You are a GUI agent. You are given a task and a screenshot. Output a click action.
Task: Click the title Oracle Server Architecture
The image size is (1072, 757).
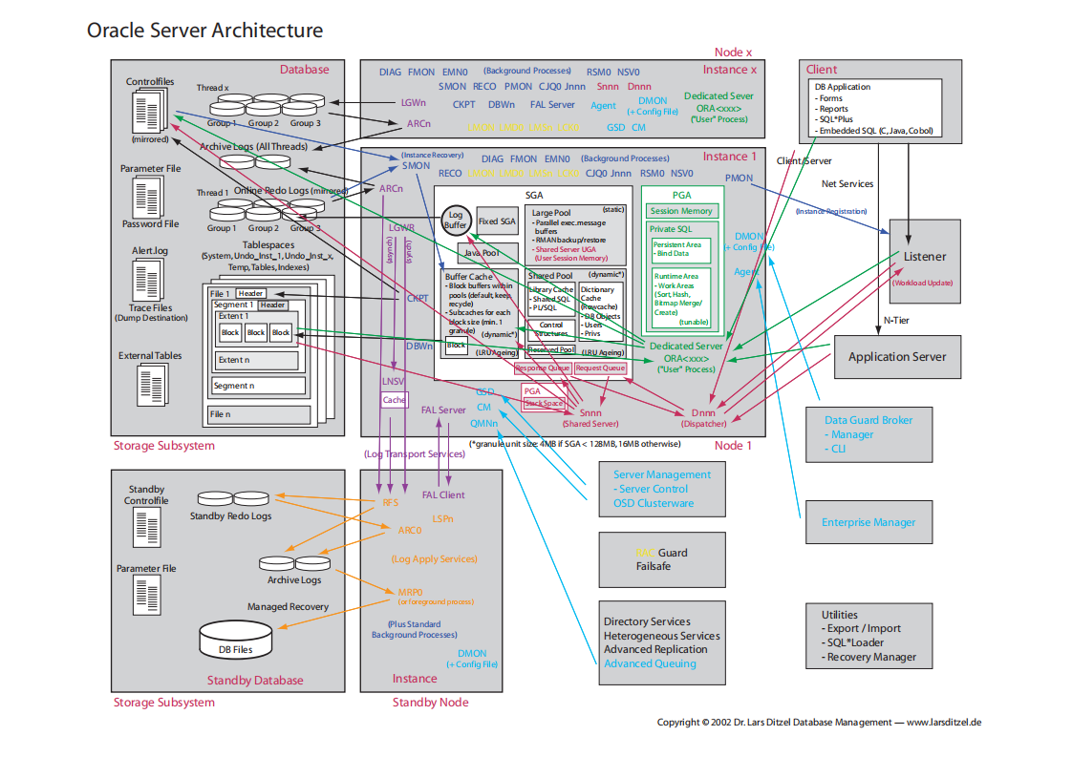204,31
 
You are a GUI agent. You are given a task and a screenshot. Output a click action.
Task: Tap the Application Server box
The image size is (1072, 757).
897,357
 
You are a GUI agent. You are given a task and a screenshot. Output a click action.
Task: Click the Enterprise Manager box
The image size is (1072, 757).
868,522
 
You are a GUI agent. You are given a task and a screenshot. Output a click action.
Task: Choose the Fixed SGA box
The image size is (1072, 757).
496,221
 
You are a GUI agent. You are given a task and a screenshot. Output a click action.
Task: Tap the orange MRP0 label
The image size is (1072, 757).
410,592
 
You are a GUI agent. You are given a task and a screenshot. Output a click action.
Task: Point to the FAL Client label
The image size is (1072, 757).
443,495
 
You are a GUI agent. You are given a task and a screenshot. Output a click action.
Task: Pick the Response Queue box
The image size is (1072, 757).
542,368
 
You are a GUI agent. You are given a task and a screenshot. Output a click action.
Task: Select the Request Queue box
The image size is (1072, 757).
600,368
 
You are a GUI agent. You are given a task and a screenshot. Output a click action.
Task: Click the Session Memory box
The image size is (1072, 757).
681,211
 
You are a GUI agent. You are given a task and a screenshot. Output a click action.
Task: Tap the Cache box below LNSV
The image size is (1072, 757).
394,400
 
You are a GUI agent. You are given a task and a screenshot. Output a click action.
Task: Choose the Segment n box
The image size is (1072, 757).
259,386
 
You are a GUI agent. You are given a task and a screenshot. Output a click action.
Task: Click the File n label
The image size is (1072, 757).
221,414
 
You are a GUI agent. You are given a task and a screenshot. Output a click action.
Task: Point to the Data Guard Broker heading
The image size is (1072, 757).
868,420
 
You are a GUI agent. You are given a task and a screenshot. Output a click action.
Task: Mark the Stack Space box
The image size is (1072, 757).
544,403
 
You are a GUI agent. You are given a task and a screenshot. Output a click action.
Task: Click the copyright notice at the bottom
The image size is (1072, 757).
819,723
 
